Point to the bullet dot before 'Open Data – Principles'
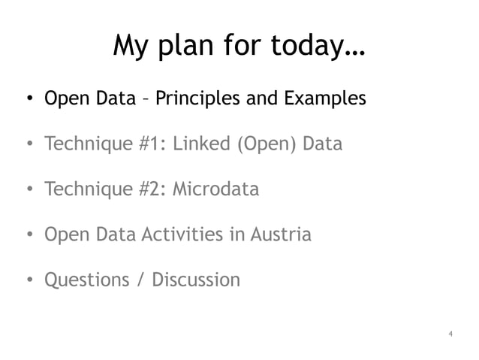pos(27,99)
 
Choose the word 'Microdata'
pos(216,189)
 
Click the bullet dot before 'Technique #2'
pos(27,190)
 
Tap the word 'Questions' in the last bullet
pos(87,280)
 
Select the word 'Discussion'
pos(196,280)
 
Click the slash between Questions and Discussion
pos(140,280)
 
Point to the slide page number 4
pos(449,333)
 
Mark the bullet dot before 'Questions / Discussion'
pos(27,281)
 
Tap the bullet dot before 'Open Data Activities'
pos(27,235)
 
